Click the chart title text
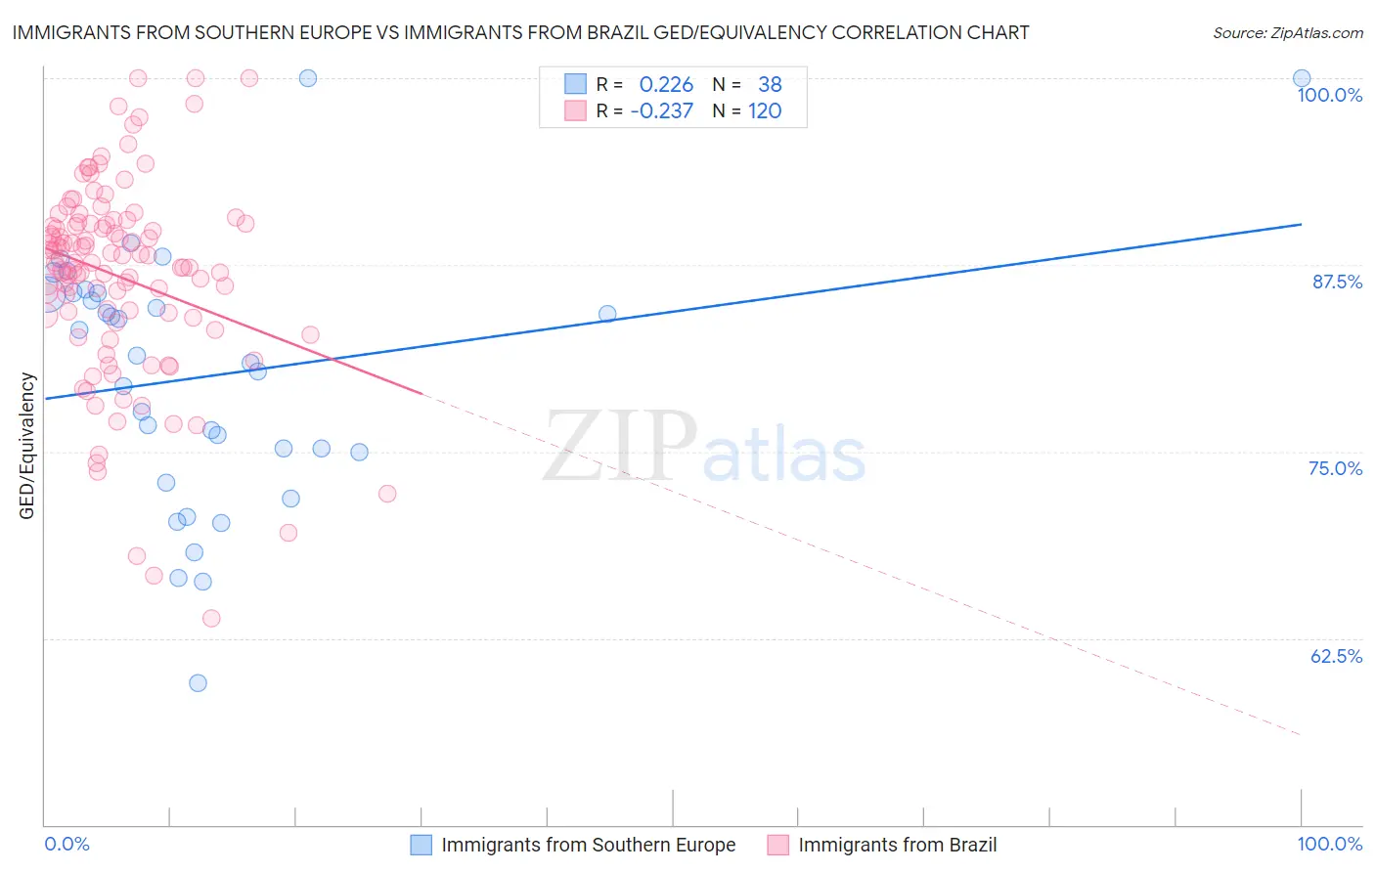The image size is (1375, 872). tap(520, 32)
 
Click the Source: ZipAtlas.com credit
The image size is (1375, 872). tap(1287, 32)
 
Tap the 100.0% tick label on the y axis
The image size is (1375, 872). tap(1329, 95)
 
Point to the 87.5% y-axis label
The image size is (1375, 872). tap(1337, 282)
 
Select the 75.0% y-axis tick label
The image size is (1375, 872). tap(1335, 468)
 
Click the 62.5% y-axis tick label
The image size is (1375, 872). tap(1336, 656)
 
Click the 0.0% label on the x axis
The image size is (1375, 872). tap(67, 844)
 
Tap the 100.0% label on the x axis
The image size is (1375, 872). tap(1329, 844)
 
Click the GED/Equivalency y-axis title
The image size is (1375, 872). tap(27, 446)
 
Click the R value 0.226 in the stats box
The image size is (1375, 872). tap(666, 85)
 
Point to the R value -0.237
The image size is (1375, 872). tap(661, 111)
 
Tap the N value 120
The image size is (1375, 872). tap(765, 111)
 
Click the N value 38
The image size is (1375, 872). tap(770, 85)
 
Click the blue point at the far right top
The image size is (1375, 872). tap(1301, 78)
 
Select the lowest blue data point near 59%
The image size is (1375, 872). tap(198, 682)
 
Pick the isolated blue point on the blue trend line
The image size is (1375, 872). tap(607, 314)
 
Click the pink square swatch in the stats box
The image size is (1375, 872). tap(575, 111)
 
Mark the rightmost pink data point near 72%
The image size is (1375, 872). tap(387, 494)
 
